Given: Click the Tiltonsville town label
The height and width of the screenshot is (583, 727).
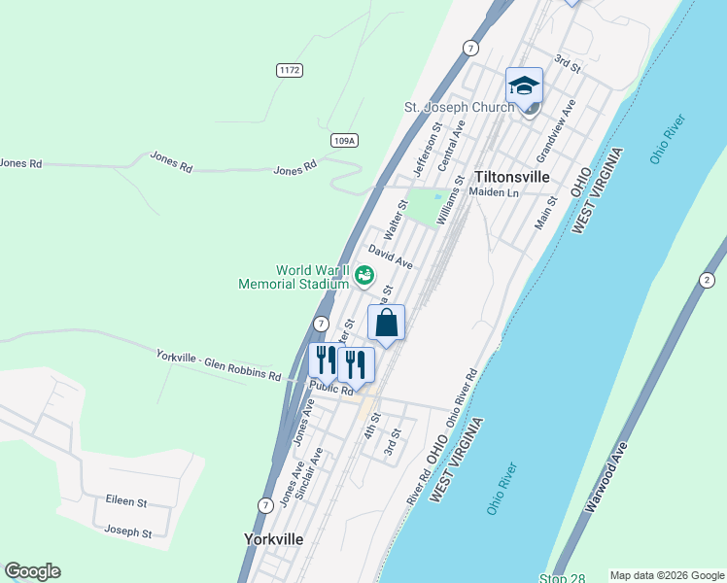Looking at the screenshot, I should click(512, 177).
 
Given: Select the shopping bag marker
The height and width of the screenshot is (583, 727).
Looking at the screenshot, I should click(386, 324).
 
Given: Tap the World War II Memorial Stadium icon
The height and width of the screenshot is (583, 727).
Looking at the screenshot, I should click(364, 276).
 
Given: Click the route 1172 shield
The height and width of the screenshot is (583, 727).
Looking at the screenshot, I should click(289, 70).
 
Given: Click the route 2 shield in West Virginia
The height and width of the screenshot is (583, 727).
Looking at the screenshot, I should click(703, 281).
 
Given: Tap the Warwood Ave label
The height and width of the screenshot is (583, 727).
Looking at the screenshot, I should click(607, 479).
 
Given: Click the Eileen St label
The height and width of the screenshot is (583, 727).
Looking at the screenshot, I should click(126, 502).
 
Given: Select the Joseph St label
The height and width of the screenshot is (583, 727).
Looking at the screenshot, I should click(128, 532).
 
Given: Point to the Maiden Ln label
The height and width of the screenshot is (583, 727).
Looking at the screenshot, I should click(495, 193).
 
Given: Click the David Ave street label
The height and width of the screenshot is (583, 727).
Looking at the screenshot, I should click(391, 257).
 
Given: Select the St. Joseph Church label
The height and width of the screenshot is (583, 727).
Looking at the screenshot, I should click(459, 107).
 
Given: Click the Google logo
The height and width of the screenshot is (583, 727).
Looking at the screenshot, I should click(32, 571).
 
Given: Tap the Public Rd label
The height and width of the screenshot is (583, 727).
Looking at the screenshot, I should click(331, 389).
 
